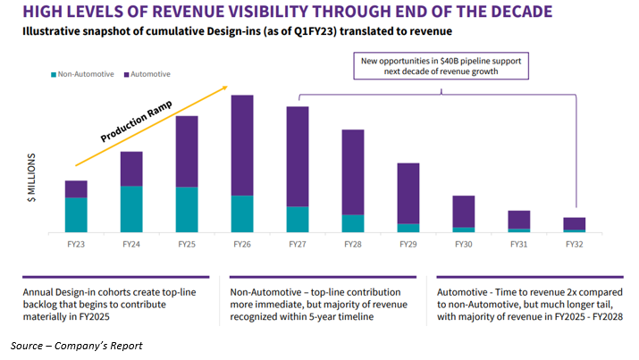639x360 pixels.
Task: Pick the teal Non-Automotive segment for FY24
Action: (131, 209)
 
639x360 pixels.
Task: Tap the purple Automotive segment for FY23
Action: (76, 188)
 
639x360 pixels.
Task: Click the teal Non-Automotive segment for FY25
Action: (187, 209)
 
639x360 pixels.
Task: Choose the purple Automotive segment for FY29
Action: (408, 193)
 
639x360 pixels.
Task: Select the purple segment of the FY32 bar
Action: (575, 223)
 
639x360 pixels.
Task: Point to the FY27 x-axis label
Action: (298, 244)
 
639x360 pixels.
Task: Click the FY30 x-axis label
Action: (463, 244)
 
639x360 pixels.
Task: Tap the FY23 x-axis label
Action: (76, 244)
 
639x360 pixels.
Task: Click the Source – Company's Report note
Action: (76, 345)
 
